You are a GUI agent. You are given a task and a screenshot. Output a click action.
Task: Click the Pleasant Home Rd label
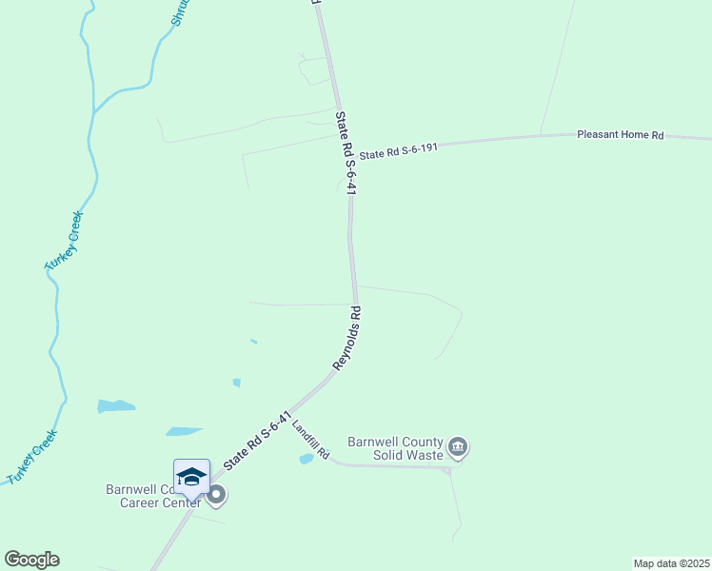620,135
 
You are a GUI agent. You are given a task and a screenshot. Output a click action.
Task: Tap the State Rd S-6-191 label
398,149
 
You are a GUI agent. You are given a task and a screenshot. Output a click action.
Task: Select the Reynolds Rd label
347,339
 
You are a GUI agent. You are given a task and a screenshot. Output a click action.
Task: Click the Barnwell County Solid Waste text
395,448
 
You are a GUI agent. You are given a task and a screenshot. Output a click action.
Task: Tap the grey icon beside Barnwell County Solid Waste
458,446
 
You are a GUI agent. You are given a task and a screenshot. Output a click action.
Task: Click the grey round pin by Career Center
216,494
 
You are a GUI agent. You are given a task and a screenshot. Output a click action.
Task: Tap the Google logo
31,560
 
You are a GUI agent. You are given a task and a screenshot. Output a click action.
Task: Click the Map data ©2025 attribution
671,563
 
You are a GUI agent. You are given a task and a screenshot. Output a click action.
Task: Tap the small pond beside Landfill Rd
306,459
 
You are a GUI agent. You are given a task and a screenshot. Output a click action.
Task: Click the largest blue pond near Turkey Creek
116,406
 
